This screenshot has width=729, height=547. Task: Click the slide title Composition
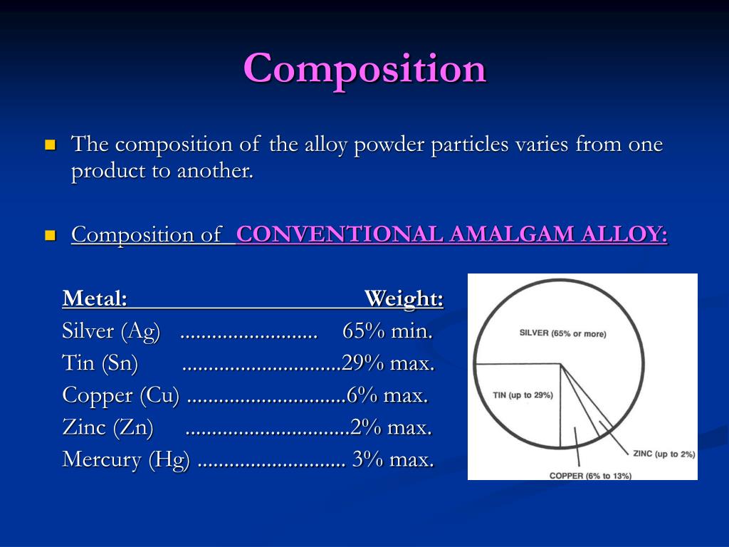[364, 69]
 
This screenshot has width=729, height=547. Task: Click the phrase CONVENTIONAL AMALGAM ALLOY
[452, 234]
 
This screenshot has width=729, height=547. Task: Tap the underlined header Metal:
[95, 298]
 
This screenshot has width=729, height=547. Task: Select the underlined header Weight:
[404, 298]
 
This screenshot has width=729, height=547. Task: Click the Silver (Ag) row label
[111, 331]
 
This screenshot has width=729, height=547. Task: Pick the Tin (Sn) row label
[100, 363]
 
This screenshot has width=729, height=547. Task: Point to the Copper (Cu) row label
[121, 395]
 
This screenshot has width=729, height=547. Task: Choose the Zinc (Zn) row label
[107, 427]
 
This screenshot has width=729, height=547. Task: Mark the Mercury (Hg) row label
[126, 459]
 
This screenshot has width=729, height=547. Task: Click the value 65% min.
[387, 331]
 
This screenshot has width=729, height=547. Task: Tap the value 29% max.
[388, 363]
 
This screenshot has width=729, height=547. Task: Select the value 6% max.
[387, 395]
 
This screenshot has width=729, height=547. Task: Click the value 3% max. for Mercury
[392, 459]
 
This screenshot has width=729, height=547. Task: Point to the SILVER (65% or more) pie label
[562, 333]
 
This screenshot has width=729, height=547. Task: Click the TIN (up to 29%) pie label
[523, 395]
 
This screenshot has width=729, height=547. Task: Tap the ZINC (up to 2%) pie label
[664, 454]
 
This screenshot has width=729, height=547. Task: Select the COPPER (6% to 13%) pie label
[590, 475]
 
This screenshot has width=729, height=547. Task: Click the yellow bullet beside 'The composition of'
[50, 145]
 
